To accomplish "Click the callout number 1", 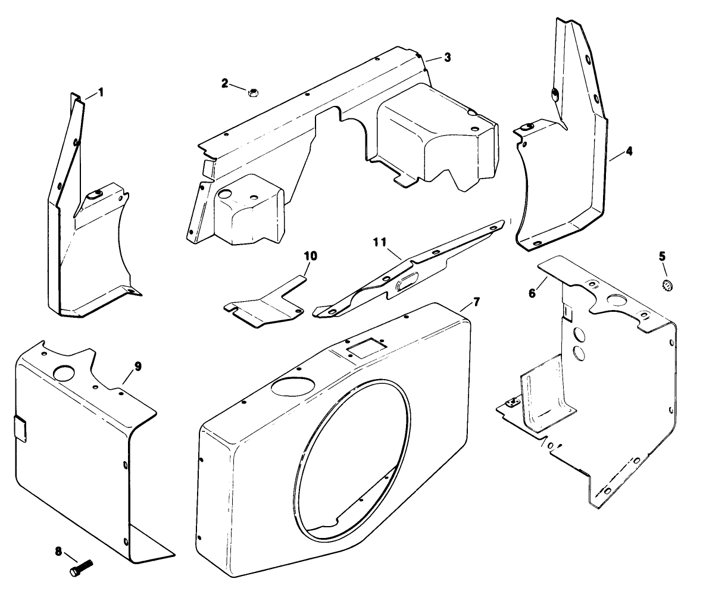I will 101,92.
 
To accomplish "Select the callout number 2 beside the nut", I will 225,83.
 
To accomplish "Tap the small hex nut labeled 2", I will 252,92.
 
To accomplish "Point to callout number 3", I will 448,58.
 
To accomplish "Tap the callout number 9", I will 138,367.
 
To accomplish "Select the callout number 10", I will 311,256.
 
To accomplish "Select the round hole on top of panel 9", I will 64,373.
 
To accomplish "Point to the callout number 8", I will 58,552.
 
